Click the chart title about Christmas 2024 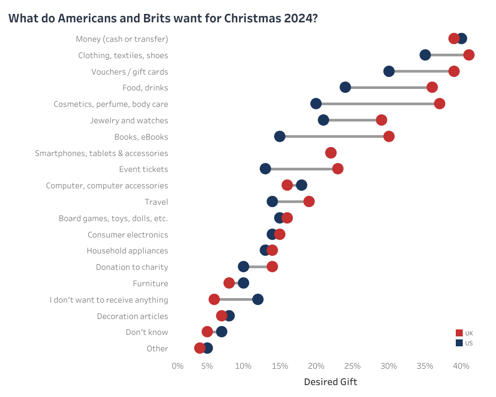click(163, 18)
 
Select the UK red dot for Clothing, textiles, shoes click(468, 55)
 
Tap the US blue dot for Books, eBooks click(280, 137)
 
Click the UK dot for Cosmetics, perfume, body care click(439, 104)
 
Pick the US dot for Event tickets click(265, 169)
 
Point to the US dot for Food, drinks click(345, 87)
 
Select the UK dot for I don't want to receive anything click(214, 299)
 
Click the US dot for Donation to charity click(243, 267)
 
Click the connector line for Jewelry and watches click(352, 120)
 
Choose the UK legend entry click(464, 333)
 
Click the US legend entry click(464, 343)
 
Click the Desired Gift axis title click(330, 382)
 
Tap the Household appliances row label click(127, 251)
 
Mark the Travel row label click(156, 202)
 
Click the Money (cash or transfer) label click(122, 39)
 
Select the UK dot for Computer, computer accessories click(287, 185)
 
